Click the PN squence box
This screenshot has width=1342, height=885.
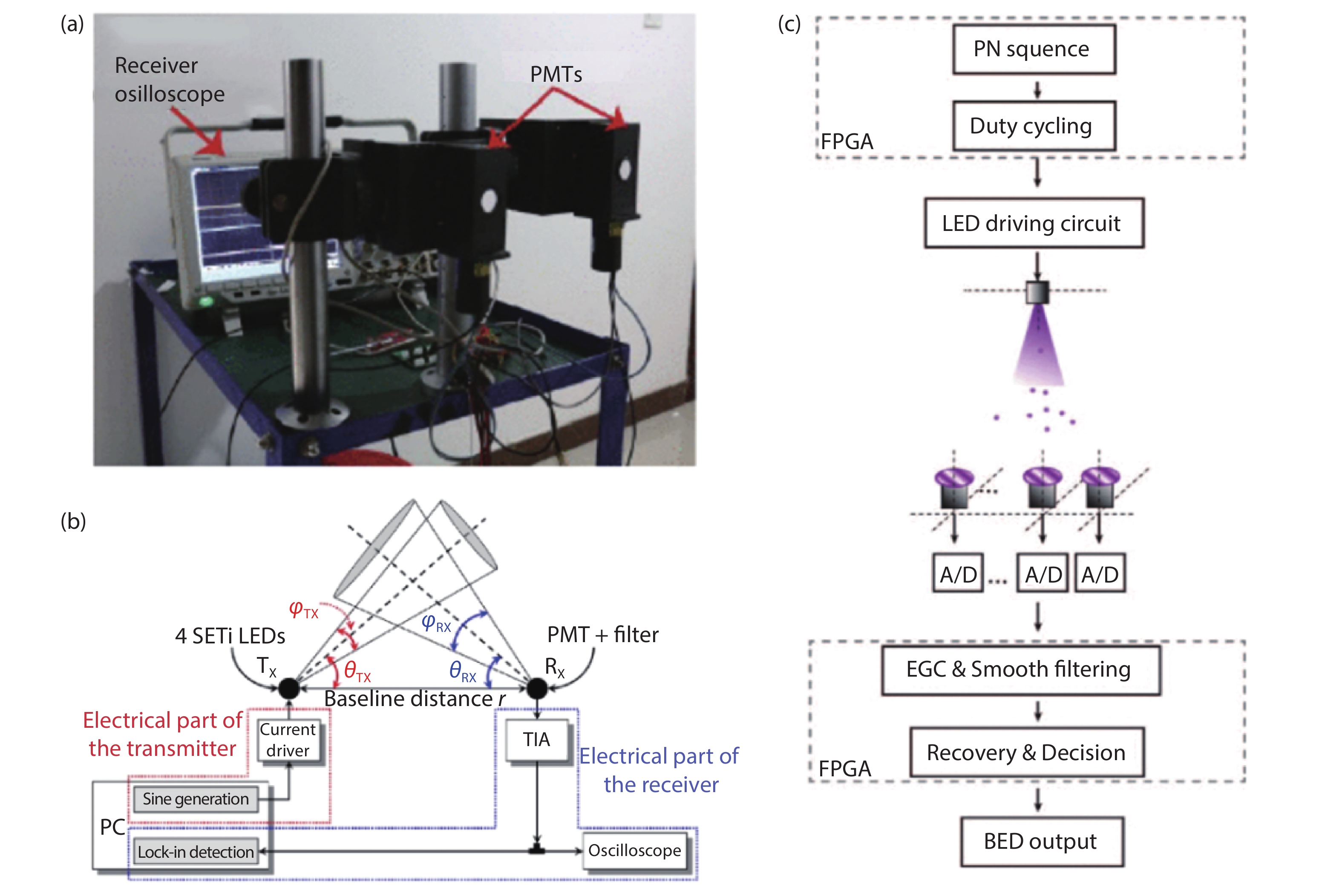1034,49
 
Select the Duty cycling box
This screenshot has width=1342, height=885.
1034,126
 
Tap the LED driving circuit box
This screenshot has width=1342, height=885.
1034,223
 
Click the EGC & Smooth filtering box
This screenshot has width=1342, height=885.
1021,670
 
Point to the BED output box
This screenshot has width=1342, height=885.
1042,841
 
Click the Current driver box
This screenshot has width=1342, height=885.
288,740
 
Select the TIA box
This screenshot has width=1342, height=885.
537,739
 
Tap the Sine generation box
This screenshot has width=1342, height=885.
195,799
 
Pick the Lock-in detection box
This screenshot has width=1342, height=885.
195,852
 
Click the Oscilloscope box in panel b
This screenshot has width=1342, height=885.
635,850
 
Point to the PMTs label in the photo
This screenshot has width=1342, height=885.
556,75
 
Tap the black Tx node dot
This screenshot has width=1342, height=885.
289,688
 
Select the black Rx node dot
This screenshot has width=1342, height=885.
537,688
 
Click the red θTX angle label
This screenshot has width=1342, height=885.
357,671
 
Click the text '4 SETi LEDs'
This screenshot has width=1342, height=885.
230,636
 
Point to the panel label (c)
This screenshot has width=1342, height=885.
789,24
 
